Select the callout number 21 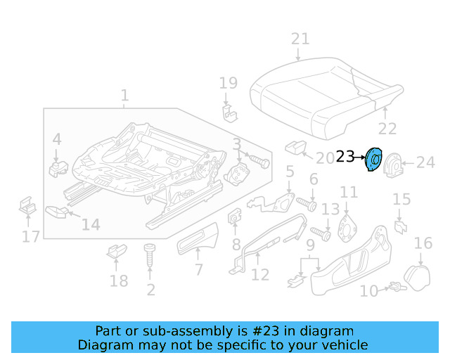(300, 39)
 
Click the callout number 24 (425, 163)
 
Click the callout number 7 (199, 269)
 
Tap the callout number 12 (260, 274)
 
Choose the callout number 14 (91, 225)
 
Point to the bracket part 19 (228, 110)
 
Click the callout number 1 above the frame (124, 95)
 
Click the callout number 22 (387, 128)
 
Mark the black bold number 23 (345, 157)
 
